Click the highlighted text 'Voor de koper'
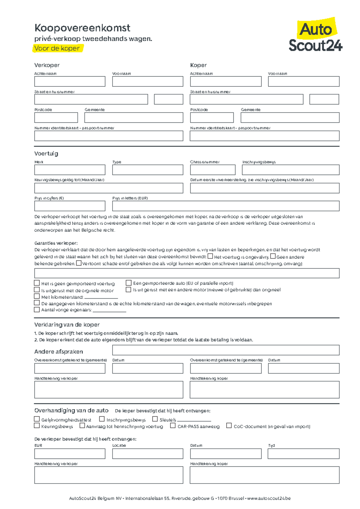point(57,48)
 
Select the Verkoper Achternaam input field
point(70,81)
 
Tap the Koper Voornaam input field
point(304,81)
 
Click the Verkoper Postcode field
point(56,117)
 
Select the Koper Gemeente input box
point(290,117)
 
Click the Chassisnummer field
point(212,170)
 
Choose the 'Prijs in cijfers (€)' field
point(70,206)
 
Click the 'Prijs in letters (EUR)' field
point(226,206)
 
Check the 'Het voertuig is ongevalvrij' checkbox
point(210,256)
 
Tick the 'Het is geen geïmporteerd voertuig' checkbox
point(37,283)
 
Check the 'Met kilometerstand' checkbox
point(37,296)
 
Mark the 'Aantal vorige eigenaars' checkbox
point(37,309)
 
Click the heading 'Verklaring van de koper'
point(67,325)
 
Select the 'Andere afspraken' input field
point(226,350)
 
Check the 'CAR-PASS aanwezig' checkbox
point(173,426)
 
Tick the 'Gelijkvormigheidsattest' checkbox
point(37,419)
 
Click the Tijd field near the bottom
point(303,454)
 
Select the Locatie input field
point(148,454)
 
